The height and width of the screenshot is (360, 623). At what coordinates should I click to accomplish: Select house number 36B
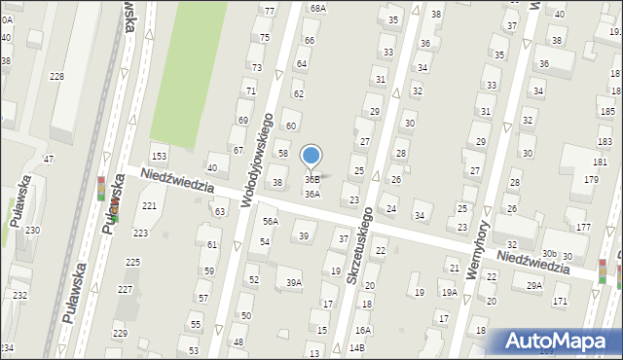point(312,179)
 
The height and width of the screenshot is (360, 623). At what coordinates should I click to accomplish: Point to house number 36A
point(311,194)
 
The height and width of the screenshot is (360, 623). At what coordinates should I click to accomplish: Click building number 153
point(159,157)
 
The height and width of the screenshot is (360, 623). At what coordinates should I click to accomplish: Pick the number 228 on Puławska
point(57,76)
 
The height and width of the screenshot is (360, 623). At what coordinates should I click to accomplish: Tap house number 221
point(149,206)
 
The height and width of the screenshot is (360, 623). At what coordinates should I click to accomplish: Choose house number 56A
point(270,221)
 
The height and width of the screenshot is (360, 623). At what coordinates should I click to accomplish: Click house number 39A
point(293,283)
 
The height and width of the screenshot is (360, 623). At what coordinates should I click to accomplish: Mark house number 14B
point(357,347)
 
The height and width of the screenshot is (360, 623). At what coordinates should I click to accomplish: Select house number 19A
point(449,292)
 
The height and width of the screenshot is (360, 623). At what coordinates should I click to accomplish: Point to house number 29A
point(534,285)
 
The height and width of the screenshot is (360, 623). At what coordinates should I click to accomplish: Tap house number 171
point(560,302)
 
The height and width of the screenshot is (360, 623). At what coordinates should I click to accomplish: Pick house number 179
point(591,179)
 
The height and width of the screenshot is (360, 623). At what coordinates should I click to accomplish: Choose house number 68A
point(318,8)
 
